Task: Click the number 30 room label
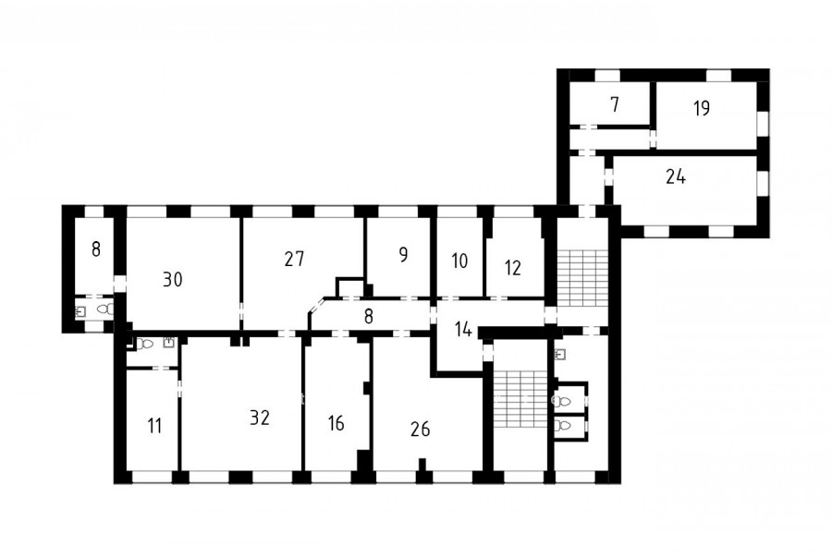(173, 279)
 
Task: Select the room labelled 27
(294, 259)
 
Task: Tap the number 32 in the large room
(260, 418)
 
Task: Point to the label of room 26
(421, 429)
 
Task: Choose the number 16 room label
(336, 423)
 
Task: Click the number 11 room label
(154, 426)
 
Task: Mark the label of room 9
(403, 255)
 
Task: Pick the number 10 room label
(459, 261)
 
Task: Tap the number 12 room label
(512, 268)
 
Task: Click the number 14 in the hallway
(463, 330)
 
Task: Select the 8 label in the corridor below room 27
(369, 317)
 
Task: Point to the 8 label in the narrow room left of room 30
(95, 249)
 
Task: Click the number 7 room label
(615, 104)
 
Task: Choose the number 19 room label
(702, 108)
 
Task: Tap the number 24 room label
(676, 176)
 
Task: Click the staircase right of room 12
(582, 278)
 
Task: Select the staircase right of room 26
(520, 398)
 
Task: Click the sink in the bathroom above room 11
(169, 342)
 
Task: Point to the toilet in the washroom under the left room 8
(105, 309)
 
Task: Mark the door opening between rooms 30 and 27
(241, 309)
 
